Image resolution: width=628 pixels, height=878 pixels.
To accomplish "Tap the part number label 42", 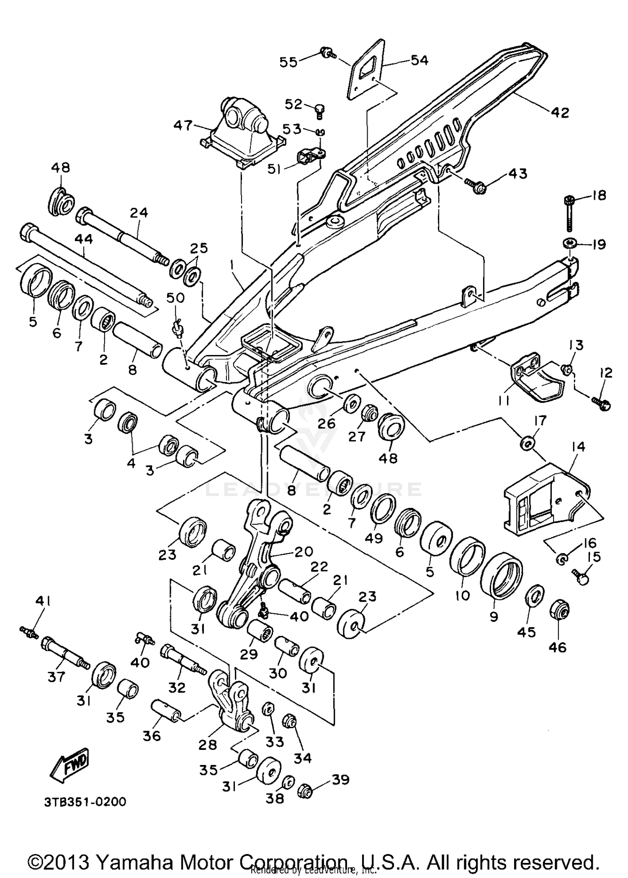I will tap(560, 112).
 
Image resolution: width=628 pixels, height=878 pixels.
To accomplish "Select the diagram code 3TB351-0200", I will tap(85, 802).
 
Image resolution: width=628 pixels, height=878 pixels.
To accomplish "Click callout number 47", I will tap(183, 125).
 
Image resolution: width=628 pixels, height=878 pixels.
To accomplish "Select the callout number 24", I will tap(139, 213).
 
